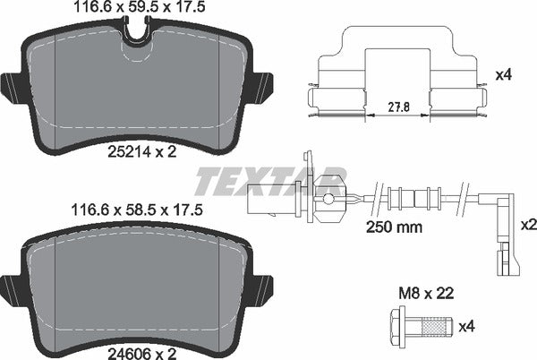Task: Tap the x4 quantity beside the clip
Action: (x=503, y=77)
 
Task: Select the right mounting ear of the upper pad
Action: (x=262, y=87)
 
